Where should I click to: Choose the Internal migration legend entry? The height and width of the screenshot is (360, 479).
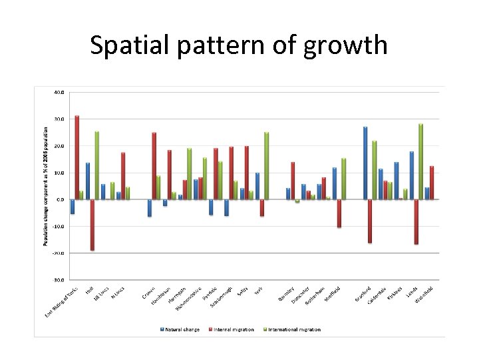[x=233, y=329]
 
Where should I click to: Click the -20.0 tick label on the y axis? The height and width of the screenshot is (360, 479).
[x=58, y=253]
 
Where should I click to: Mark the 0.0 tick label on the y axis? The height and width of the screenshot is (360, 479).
[x=60, y=199]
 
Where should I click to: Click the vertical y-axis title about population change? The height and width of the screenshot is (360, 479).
[x=47, y=186]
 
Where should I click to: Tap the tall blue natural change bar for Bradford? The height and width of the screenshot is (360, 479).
[x=365, y=163]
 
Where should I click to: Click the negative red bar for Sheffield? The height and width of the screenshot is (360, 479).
[x=339, y=213]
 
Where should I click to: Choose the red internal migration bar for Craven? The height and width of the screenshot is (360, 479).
[x=154, y=165]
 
